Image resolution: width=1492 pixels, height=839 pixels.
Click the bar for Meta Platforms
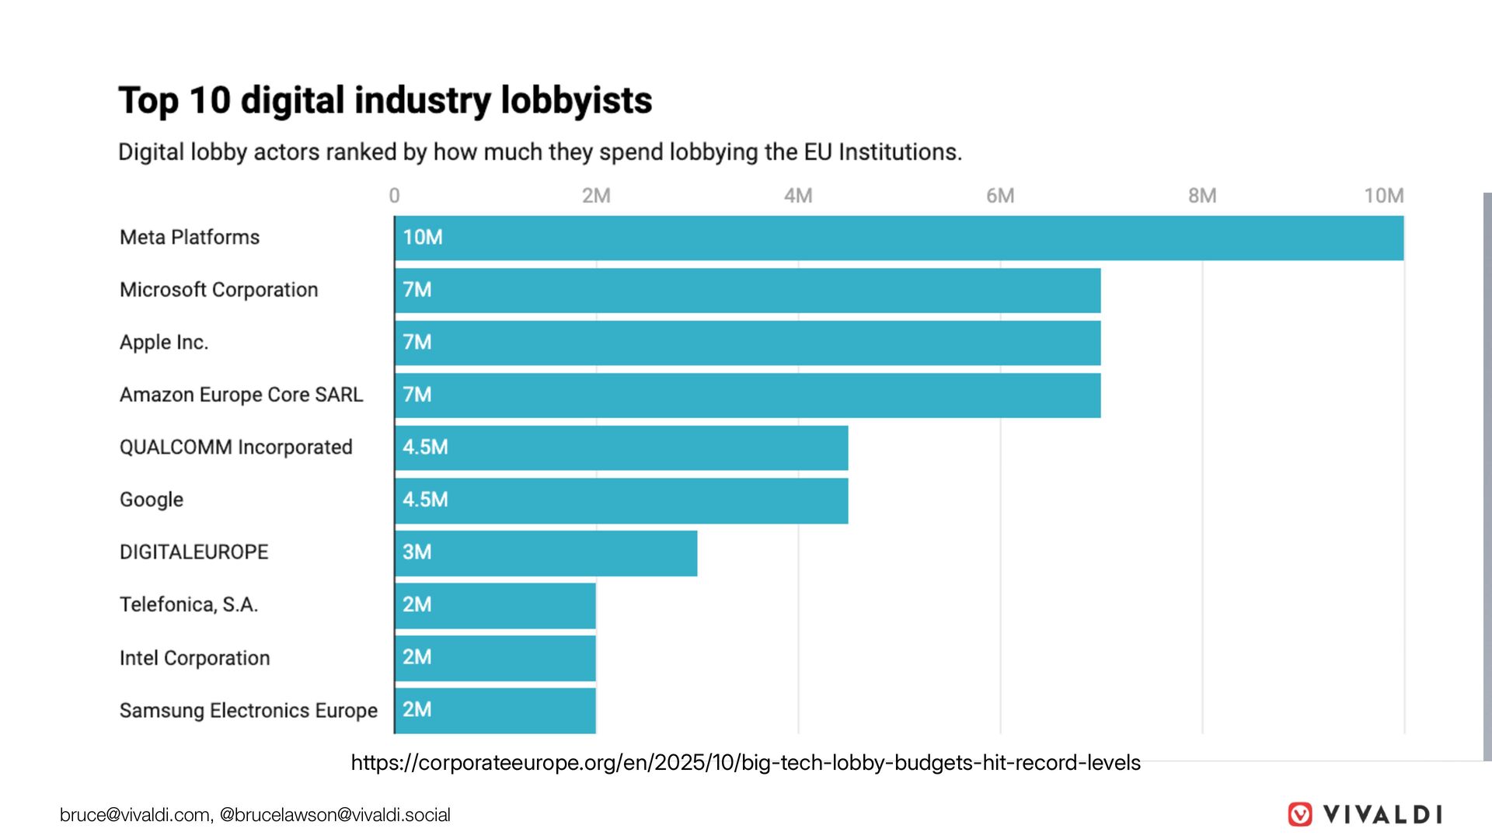click(x=899, y=238)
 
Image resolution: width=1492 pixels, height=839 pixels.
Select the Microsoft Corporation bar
click(x=748, y=291)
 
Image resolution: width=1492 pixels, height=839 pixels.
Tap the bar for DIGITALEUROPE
click(x=546, y=553)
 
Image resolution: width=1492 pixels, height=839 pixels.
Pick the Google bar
click(x=622, y=500)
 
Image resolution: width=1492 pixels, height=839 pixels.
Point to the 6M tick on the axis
click(x=1000, y=196)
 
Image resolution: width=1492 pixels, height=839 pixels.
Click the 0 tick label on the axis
click(x=395, y=196)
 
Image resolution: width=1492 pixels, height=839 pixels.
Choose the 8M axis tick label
click(x=1202, y=196)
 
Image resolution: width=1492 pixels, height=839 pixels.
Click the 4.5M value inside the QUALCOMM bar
click(x=425, y=447)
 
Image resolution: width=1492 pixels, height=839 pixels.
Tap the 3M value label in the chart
click(x=417, y=552)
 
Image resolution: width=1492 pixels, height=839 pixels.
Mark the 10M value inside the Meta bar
click(x=422, y=238)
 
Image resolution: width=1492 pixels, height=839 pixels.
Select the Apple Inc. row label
click(x=164, y=343)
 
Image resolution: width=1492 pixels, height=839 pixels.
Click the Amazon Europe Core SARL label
click(x=241, y=395)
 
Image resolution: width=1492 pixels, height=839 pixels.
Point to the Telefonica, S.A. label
click(x=189, y=604)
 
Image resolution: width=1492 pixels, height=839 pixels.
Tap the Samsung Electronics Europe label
click(x=249, y=711)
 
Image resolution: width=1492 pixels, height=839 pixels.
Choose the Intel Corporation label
click(x=195, y=658)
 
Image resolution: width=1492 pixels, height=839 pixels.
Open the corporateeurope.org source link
click(x=745, y=763)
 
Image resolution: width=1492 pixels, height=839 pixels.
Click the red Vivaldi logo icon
click(x=1300, y=814)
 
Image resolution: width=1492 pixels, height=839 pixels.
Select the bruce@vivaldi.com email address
click(x=135, y=815)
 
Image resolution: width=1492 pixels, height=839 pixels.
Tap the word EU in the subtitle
click(x=817, y=152)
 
